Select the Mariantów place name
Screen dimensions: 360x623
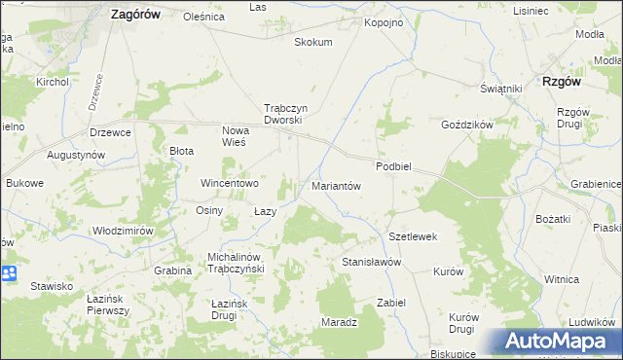point(336,185)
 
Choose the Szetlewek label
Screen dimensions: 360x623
point(413,236)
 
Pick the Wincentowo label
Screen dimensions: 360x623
point(229,183)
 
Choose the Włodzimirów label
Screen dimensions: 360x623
point(124,231)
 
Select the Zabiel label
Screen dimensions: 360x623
point(390,303)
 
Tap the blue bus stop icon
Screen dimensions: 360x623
point(9,274)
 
